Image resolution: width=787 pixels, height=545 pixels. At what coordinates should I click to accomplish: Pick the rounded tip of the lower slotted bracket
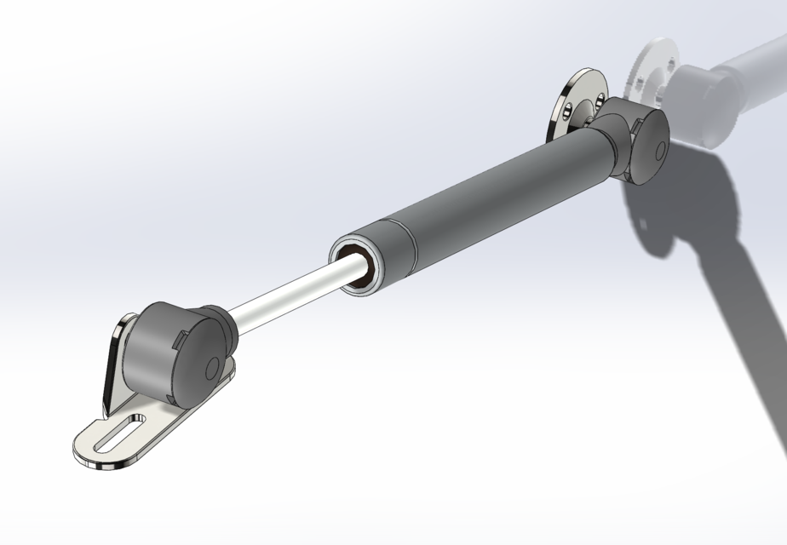coord(83,447)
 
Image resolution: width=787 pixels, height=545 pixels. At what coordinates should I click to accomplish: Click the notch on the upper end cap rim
coord(635,128)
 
